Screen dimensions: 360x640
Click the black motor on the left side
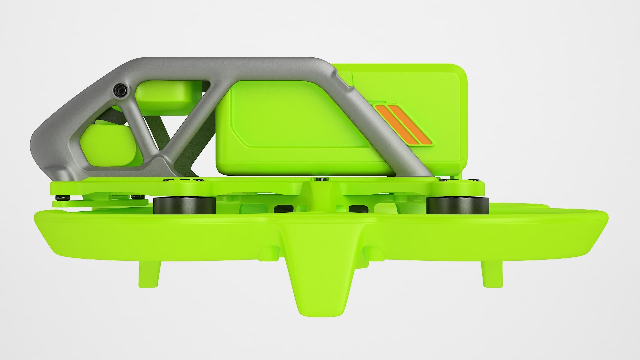[x=184, y=205]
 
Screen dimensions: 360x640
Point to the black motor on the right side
[x=457, y=205]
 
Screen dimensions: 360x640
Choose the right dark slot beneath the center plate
[x=358, y=208]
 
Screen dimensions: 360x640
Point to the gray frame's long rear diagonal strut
[x=383, y=123]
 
